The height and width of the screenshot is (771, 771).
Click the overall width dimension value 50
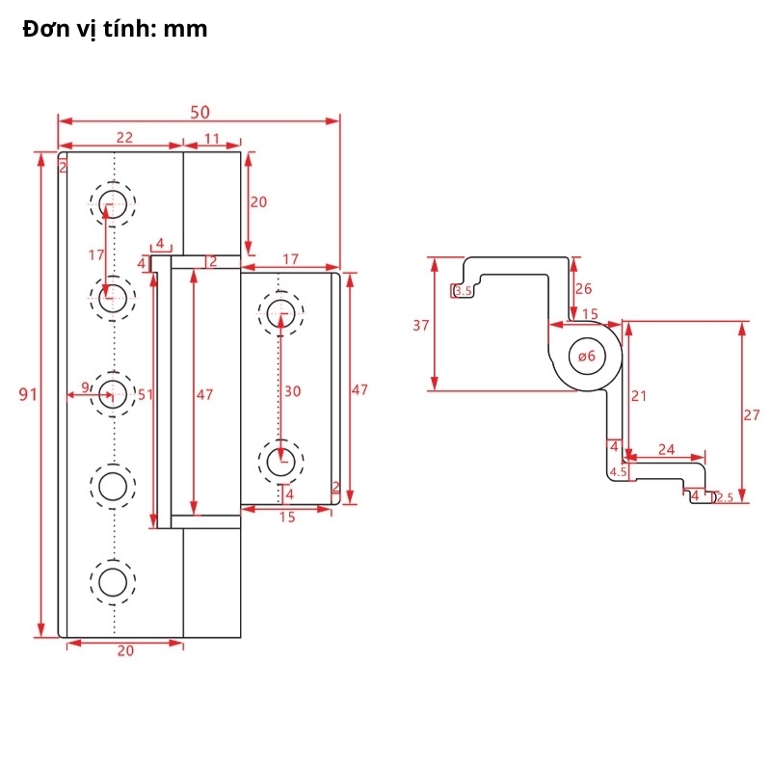200,113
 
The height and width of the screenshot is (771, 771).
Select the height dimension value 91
28,394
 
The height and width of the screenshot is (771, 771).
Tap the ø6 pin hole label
587,356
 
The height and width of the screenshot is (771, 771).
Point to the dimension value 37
421,326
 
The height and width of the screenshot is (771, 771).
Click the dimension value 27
752,415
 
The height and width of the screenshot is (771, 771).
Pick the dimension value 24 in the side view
667,449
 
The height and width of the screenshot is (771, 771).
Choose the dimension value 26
584,288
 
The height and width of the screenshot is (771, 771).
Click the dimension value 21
639,396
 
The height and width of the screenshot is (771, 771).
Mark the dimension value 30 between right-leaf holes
293,391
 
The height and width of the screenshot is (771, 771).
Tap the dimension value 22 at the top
125,138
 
